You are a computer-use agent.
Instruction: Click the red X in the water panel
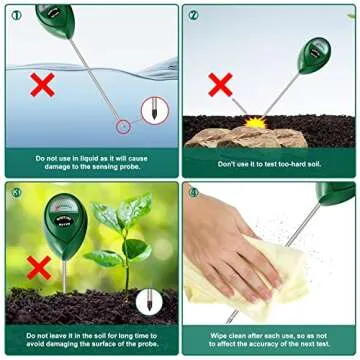coord(41,84)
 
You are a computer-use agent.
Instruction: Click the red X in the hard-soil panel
coord(220,84)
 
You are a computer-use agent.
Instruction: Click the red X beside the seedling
coord(39,266)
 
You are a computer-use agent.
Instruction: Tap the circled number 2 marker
coord(193,15)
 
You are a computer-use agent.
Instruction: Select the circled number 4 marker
coord(193,191)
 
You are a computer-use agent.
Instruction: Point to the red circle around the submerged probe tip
coord(123,125)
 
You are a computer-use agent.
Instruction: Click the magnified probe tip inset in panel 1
coord(153,109)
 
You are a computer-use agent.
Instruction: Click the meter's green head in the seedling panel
coord(65,216)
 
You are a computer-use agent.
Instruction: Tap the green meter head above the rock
coord(316,51)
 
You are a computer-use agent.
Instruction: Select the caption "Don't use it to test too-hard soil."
coord(268,163)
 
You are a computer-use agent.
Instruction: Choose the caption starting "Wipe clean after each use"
coord(268,339)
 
